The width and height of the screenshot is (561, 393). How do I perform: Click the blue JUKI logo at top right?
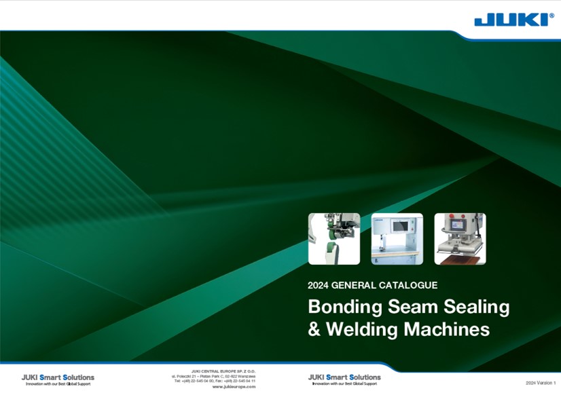click(513, 20)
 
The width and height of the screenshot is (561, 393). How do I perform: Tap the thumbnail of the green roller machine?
click(334, 238)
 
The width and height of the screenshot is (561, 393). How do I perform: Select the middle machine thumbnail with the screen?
click(397, 238)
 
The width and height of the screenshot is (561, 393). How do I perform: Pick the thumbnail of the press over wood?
click(460, 238)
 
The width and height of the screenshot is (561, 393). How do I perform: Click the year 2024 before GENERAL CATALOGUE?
click(319, 285)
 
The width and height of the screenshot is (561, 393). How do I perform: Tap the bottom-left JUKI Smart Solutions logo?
click(58, 379)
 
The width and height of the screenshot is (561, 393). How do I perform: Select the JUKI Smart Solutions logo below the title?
click(344, 379)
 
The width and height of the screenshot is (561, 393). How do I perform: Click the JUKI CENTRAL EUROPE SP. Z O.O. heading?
click(223, 371)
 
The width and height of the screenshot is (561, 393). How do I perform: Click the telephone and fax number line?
click(215, 381)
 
